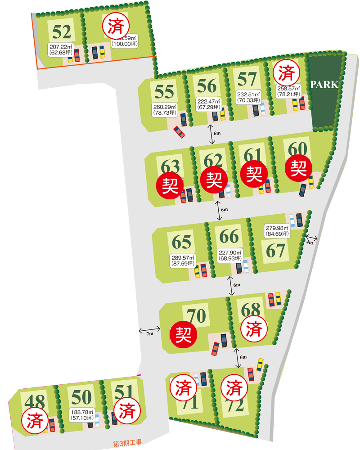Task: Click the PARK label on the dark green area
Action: pos(324,85)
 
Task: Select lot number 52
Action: pos(62,32)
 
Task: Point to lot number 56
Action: pos(207,85)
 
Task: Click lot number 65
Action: pos(182,242)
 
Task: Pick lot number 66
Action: pos(229,236)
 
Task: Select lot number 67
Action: pos(276,251)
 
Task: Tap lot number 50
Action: pos(81,397)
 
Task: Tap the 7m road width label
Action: pos(150,333)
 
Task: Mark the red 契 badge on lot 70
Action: pos(183,334)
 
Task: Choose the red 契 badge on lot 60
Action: pos(298,169)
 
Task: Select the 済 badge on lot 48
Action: pos(35,421)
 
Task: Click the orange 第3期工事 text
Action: pos(127,444)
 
